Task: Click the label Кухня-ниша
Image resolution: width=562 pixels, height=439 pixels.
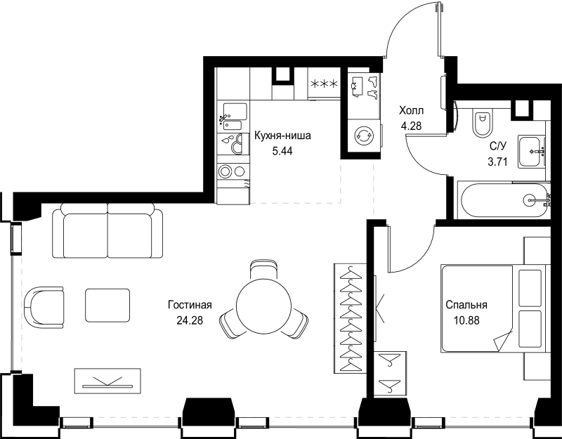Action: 282,136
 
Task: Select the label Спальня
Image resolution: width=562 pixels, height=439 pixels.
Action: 466,306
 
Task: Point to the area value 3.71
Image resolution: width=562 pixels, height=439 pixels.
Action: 498,161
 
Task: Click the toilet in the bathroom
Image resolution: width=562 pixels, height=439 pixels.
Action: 481,124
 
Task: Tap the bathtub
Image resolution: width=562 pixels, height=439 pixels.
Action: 502,200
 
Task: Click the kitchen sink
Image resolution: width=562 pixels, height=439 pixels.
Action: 233,112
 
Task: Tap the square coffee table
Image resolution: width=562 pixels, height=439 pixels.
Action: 107,306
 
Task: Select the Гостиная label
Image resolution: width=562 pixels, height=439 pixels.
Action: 190,306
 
